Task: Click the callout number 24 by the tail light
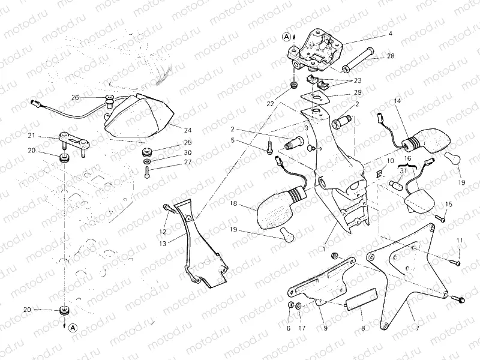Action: pyautogui.click(x=188, y=130)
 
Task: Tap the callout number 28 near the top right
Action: pyautogui.click(x=391, y=56)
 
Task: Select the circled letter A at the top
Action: pyautogui.click(x=287, y=37)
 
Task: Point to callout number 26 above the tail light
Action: pyautogui.click(x=75, y=97)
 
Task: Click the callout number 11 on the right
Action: pyautogui.click(x=459, y=241)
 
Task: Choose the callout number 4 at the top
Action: pyautogui.click(x=390, y=34)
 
